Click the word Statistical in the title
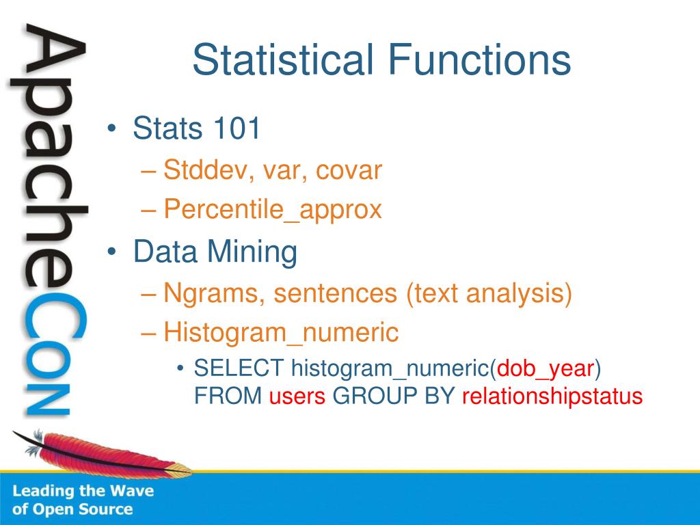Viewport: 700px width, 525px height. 282,59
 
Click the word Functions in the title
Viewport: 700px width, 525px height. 479,59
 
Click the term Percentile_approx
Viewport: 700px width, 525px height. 273,210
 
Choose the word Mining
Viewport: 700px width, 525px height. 252,252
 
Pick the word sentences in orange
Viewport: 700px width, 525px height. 335,294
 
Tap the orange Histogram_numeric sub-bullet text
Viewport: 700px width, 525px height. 281,333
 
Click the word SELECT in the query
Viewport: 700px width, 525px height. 239,368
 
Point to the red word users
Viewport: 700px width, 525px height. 297,396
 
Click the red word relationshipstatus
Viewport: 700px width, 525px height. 552,396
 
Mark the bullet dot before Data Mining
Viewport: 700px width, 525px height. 111,252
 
